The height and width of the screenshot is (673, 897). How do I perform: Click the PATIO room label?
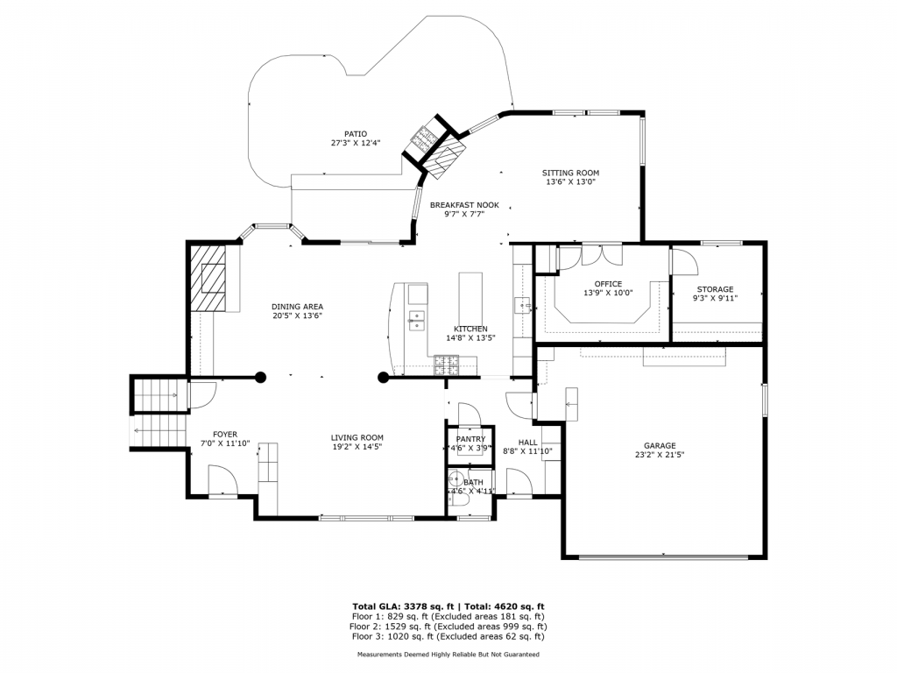click(355, 133)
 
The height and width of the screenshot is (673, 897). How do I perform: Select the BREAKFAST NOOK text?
click(463, 205)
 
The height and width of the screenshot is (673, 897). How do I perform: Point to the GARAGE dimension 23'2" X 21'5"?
click(660, 455)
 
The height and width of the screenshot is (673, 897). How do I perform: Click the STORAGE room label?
click(715, 289)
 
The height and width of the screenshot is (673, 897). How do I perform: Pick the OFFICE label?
click(607, 284)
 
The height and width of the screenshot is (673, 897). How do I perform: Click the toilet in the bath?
click(455, 479)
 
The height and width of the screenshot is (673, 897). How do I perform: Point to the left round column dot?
click(260, 378)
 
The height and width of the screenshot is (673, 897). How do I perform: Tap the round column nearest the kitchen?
click(383, 378)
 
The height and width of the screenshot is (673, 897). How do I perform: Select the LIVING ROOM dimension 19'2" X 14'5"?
click(357, 447)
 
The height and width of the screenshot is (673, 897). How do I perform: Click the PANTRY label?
click(470, 439)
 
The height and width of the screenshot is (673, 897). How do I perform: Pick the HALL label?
click(527, 443)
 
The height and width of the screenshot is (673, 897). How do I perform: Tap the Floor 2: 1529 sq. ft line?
click(448, 627)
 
